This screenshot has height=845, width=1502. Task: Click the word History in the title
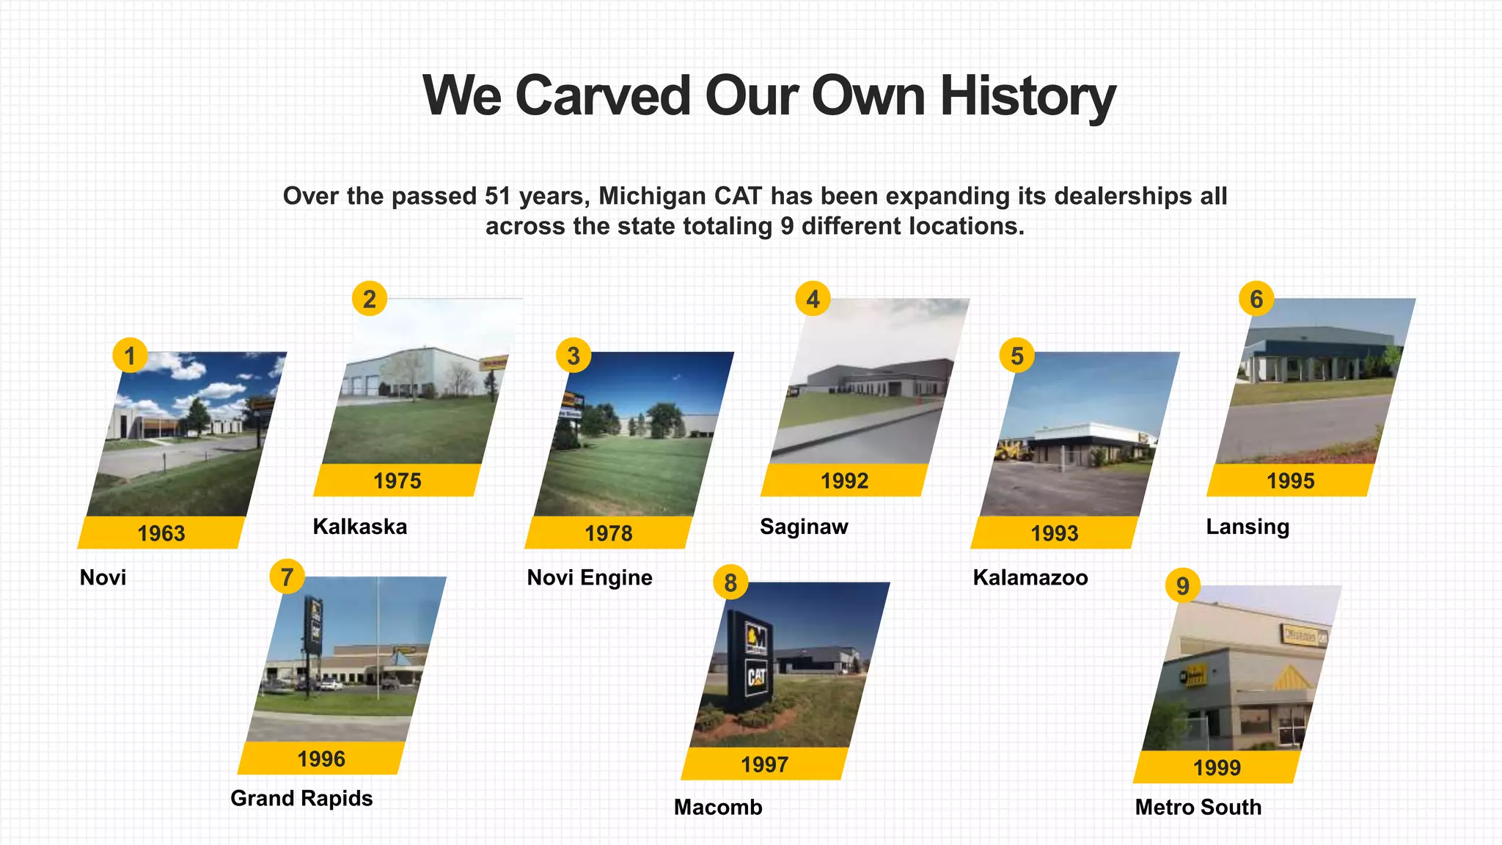point(1027,96)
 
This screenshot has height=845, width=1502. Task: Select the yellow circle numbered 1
point(130,356)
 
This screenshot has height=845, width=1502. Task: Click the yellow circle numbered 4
point(813,299)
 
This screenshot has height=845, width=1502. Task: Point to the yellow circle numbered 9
point(1182,586)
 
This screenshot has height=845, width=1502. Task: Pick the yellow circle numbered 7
point(287,577)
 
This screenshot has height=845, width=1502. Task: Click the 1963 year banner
point(161,533)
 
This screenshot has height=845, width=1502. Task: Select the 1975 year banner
point(398,480)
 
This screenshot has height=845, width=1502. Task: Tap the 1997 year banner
point(764,764)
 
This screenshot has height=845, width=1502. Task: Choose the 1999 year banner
point(1217,767)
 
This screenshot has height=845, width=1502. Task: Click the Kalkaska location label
point(359,527)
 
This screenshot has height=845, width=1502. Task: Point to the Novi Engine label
point(590,578)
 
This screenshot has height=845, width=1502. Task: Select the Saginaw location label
point(804,527)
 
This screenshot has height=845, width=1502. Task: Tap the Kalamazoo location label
point(1030,578)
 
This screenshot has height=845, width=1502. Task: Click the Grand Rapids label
point(301,798)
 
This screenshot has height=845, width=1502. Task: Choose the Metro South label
point(1198,807)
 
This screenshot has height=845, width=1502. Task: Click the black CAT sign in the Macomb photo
point(755,660)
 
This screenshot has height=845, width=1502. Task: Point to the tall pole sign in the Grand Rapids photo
point(314,627)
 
